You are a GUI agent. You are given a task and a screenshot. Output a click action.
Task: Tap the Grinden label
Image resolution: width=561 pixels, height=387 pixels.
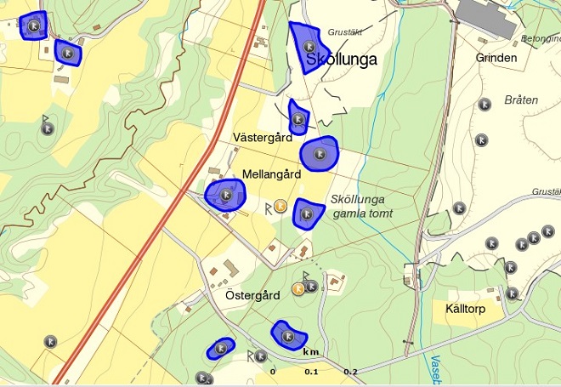pyautogui.click(x=497, y=58)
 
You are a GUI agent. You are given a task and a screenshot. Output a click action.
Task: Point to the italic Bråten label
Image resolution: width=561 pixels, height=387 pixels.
pyautogui.click(x=521, y=100)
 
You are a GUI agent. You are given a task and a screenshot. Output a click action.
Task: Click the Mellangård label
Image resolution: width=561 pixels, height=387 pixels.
pyautogui.click(x=272, y=174)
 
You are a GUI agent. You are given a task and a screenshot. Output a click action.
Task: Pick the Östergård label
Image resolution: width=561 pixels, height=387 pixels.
pyautogui.click(x=252, y=296)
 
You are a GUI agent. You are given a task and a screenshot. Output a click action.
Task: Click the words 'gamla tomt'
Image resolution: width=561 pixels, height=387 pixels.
pyautogui.click(x=363, y=213)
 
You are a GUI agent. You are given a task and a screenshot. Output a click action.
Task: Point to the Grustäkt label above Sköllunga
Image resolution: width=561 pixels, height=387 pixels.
pyautogui.click(x=344, y=32)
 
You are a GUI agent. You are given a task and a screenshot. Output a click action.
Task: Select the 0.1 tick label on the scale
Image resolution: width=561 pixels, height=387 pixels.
pyautogui.click(x=311, y=373)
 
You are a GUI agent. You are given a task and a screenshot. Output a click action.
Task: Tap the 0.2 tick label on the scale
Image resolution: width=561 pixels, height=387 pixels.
pyautogui.click(x=350, y=373)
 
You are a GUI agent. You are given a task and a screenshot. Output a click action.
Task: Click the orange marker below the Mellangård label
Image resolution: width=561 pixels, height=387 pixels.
pyautogui.click(x=280, y=205)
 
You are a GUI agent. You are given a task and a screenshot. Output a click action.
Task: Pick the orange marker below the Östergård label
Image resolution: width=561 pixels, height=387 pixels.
pyautogui.click(x=298, y=288)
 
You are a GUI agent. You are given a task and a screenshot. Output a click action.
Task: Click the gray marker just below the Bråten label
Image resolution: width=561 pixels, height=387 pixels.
pyautogui.click(x=484, y=105)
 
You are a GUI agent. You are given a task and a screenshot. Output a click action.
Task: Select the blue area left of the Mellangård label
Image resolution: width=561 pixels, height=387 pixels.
pyautogui.click(x=225, y=195)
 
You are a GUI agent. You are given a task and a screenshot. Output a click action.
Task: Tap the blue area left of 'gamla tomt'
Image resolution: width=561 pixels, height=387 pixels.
pyautogui.click(x=308, y=213)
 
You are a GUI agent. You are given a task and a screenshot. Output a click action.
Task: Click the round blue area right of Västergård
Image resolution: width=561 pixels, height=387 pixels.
pyautogui.click(x=320, y=153)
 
